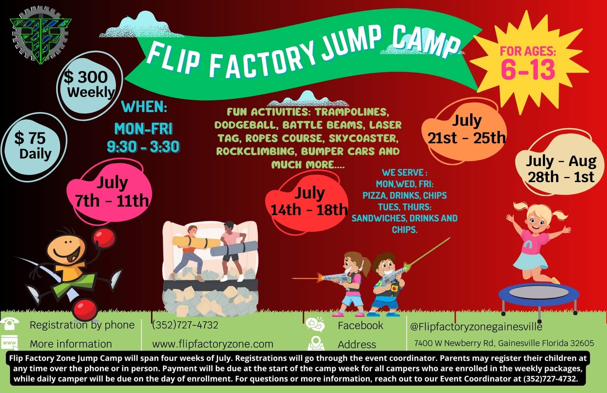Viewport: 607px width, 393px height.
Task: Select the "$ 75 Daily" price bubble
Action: click(x=34, y=145)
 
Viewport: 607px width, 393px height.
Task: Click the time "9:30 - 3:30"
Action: click(x=143, y=147)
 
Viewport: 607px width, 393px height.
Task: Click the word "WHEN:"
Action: click(x=144, y=107)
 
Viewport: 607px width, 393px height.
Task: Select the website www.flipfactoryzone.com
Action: click(x=212, y=344)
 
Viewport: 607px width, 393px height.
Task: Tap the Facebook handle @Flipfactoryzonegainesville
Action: click(x=476, y=326)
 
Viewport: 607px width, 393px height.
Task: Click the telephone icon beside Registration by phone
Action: click(x=9, y=324)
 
